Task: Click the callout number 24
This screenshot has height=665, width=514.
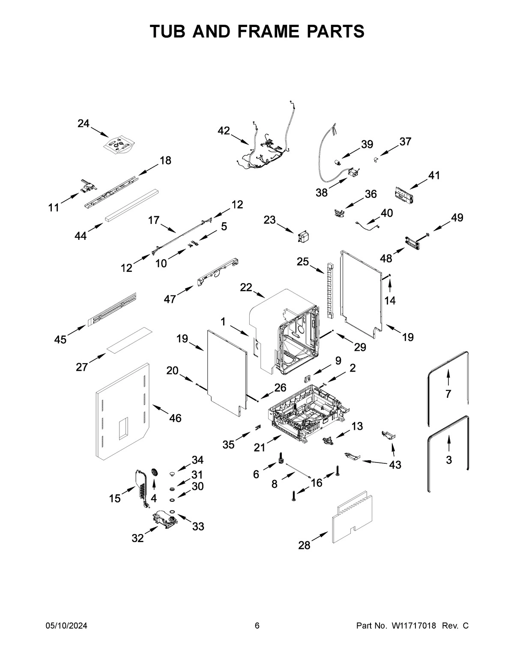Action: [84, 124]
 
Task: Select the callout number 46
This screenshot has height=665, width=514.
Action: [175, 418]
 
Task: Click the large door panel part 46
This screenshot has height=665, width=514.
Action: [122, 411]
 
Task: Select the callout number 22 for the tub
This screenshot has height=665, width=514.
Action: [246, 288]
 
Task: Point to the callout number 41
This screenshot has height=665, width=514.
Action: [434, 176]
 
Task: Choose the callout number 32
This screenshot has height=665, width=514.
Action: [137, 538]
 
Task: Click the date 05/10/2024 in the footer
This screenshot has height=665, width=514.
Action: [66, 626]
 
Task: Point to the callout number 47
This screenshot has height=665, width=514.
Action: [170, 299]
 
